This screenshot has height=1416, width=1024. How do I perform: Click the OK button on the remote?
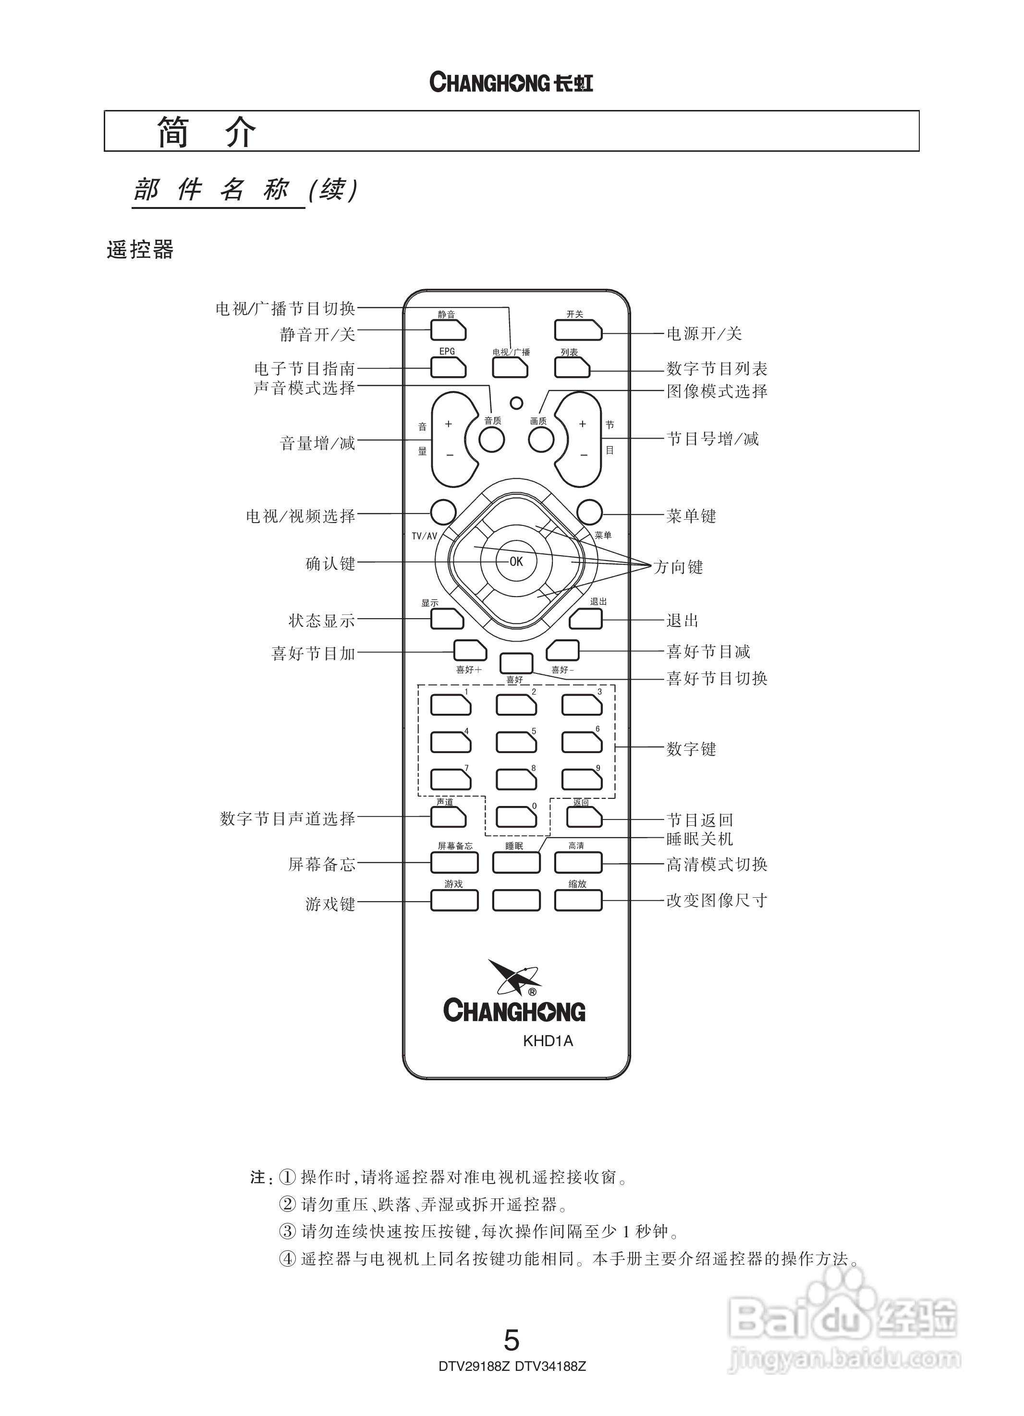click(x=516, y=562)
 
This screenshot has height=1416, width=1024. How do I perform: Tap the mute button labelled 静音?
click(x=448, y=330)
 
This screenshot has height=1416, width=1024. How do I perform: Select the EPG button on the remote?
click(x=448, y=367)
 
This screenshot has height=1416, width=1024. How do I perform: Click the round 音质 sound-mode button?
click(x=491, y=440)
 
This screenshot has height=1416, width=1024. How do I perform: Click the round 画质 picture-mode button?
click(x=541, y=440)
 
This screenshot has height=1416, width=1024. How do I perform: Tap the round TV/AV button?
click(x=443, y=512)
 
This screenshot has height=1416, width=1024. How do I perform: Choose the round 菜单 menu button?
click(x=589, y=512)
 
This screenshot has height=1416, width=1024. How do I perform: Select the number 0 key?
click(x=516, y=817)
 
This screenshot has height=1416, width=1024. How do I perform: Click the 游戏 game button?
click(x=454, y=900)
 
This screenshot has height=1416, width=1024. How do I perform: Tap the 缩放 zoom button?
click(x=577, y=900)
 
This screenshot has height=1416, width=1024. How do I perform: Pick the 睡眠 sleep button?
click(x=516, y=862)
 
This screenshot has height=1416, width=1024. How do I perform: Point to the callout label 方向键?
click(x=678, y=567)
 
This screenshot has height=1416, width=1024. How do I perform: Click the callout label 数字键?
click(x=691, y=748)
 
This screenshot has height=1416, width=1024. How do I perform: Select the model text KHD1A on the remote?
click(x=548, y=1041)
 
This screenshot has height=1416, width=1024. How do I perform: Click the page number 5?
click(x=512, y=1339)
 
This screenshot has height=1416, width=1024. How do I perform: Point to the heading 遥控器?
click(x=140, y=250)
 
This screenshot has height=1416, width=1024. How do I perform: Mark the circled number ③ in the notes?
click(x=287, y=1231)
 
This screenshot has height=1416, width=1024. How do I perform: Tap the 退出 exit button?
click(x=585, y=619)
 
